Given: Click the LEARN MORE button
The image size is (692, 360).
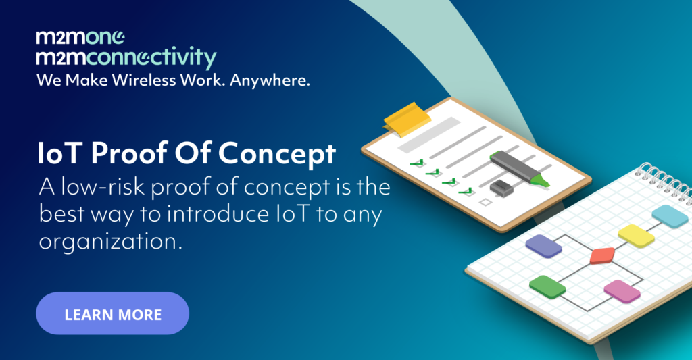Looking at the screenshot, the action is pos(113,313).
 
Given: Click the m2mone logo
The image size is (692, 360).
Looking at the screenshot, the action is pos(80,38).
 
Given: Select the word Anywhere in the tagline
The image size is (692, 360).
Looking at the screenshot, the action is pos(270,81).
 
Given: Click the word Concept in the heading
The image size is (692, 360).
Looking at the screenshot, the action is pos(276,155).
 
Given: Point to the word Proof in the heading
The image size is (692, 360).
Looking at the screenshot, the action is pos(129,153).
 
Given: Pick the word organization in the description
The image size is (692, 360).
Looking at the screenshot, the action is pos(110,242).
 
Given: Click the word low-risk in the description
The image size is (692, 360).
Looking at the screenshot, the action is pos(103,186).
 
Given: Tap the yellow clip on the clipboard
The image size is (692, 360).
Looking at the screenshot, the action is pos(406,118).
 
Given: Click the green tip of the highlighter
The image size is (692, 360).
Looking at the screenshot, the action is pos(541,180).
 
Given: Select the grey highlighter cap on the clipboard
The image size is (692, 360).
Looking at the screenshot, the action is pos(501,188).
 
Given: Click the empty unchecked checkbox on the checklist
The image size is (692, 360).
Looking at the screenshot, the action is pos(486,203).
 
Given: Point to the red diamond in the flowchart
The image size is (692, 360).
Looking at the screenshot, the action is pos(602,255).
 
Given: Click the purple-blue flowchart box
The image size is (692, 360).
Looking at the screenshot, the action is pos(543,246).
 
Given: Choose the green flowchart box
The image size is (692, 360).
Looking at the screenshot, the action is pos(547,287).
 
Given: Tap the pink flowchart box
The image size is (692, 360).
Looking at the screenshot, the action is pos(622,291).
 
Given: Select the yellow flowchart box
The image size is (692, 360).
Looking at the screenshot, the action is pos(636,236).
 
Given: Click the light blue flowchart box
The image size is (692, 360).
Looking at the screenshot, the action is pos(670,216).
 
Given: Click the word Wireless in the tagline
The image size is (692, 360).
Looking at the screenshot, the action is pos(143,80).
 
